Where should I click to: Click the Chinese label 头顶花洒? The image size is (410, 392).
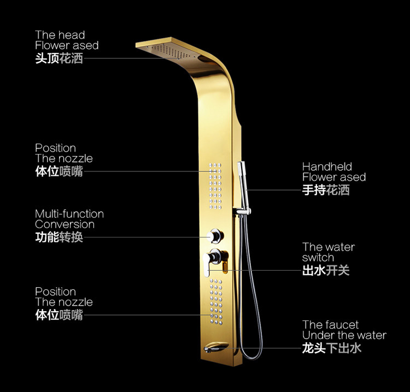click(x=59, y=58)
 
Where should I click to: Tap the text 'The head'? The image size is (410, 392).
click(x=60, y=35)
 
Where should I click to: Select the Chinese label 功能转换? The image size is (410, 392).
click(x=59, y=237)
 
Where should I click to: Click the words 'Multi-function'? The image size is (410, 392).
click(x=69, y=213)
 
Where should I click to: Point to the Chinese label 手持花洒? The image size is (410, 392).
click(x=326, y=190)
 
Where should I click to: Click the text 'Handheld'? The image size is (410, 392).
click(x=327, y=167)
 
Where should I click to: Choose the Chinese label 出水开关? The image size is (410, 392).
click(x=326, y=270)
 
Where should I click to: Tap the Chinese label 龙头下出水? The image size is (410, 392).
click(x=332, y=348)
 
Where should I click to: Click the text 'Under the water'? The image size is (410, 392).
click(x=344, y=335)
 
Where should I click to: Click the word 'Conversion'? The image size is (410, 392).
click(x=65, y=224)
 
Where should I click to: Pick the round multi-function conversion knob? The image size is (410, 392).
click(x=216, y=236)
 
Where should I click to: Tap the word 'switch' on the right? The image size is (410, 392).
click(x=318, y=258)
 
